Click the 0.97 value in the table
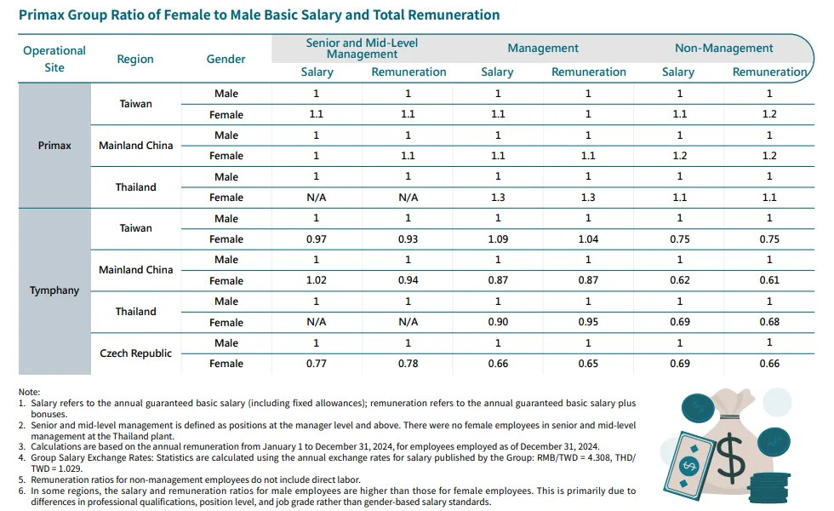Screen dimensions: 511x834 [317, 239]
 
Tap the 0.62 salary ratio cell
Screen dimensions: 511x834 [679, 281]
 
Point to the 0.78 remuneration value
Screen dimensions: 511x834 [408, 364]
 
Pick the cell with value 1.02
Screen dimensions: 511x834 [317, 281]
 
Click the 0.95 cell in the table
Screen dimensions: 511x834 [588, 323]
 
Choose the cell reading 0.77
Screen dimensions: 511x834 [317, 364]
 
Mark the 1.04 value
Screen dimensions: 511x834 [588, 239]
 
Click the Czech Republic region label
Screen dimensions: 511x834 [135, 353]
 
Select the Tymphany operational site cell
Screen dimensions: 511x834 [54, 290]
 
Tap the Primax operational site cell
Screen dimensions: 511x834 [54, 146]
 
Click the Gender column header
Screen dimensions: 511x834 [226, 59]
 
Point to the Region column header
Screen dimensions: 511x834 [135, 59]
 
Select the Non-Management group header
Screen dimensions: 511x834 [723, 49]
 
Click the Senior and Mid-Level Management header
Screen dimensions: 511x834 [362, 49]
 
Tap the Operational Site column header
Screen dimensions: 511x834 [54, 59]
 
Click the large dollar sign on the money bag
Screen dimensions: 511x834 [730, 461]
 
